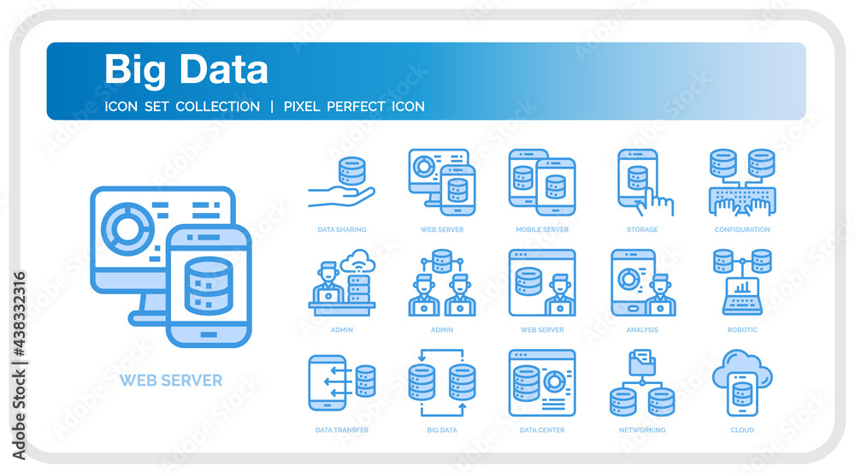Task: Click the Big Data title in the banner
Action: [186, 70]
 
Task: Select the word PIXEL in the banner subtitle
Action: [302, 106]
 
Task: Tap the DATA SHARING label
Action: [342, 230]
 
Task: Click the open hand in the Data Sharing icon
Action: [341, 197]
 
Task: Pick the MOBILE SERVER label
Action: [542, 230]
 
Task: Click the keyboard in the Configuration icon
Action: [742, 200]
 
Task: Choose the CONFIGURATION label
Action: [742, 230]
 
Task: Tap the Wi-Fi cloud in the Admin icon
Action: [357, 261]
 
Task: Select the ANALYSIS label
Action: [642, 330]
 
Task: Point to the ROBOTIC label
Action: [742, 330]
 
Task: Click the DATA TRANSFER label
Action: [342, 430]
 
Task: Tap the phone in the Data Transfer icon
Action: [327, 383]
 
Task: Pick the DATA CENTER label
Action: [542, 430]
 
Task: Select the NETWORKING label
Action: [642, 430]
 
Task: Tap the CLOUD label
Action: [742, 430]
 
